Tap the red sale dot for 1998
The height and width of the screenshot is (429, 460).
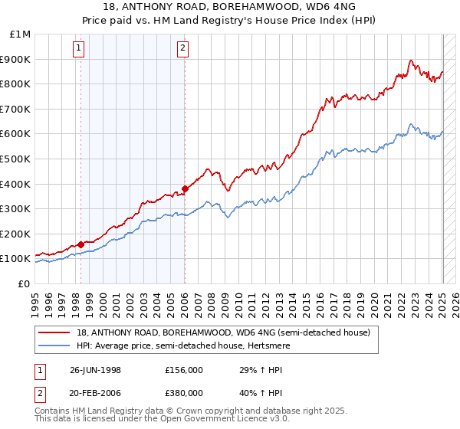[81, 244]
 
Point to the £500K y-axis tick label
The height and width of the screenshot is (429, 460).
[15, 159]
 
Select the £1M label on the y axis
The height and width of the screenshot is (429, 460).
[20, 34]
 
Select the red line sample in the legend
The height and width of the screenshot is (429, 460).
[54, 332]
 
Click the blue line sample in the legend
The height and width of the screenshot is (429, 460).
[54, 345]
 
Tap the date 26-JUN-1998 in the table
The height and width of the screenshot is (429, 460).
[96, 369]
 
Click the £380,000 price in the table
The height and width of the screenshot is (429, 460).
[184, 394]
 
